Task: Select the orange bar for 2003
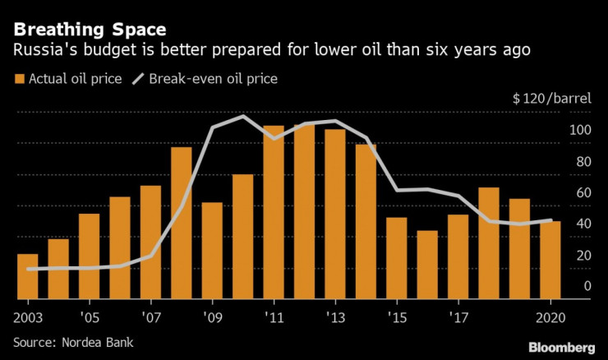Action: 27,277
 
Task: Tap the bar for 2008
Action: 182,223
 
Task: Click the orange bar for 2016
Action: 427,265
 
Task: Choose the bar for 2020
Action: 550,260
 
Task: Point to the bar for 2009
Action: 212,251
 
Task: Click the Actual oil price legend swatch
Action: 18,79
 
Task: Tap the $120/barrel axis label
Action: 551,99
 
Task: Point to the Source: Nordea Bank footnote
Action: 73,342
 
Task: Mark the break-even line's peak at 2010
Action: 243,116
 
